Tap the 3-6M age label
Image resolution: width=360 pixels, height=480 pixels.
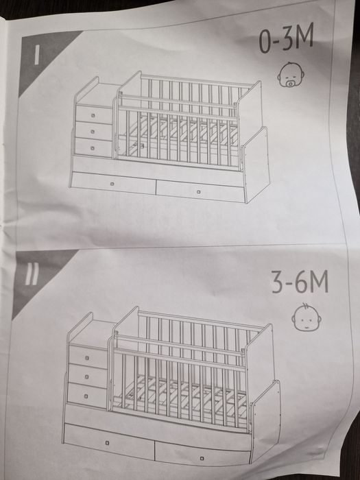pos(300,281)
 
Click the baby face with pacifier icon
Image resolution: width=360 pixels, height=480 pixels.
pos(291,74)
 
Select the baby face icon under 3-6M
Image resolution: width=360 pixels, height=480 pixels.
pos(306,317)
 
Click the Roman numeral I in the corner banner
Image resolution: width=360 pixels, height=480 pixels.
pos(36,56)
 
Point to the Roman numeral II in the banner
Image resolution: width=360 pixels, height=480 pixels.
pos(32,274)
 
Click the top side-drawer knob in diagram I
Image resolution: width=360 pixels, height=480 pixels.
pos(93,115)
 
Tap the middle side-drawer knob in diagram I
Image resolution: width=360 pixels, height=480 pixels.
pos(93,132)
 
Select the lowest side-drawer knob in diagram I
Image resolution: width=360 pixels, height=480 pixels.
pos(93,148)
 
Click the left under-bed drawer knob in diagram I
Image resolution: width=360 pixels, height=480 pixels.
pos(112,184)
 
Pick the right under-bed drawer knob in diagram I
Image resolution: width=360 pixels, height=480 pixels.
pos(199,192)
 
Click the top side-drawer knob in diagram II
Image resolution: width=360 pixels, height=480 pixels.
pos(87,358)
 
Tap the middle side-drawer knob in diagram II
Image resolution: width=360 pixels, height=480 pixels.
pos(87,377)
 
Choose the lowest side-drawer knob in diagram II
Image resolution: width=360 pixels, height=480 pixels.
pos(86,396)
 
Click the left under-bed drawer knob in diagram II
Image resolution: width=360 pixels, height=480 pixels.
pos(107,443)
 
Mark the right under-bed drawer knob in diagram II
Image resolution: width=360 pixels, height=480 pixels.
pos(202,458)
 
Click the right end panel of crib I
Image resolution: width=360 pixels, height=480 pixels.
pos(256,165)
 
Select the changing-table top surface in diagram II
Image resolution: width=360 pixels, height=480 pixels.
pos(91,332)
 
